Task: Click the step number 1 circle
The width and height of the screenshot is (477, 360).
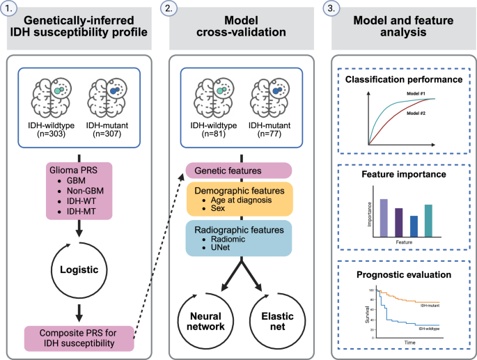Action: tap(8, 8)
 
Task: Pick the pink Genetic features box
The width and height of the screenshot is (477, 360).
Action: tap(239, 170)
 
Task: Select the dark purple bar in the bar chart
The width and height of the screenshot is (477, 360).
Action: tap(398, 222)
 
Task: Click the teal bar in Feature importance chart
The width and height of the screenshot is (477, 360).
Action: tap(428, 220)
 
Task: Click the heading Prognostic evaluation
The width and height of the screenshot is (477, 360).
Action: tap(399, 274)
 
